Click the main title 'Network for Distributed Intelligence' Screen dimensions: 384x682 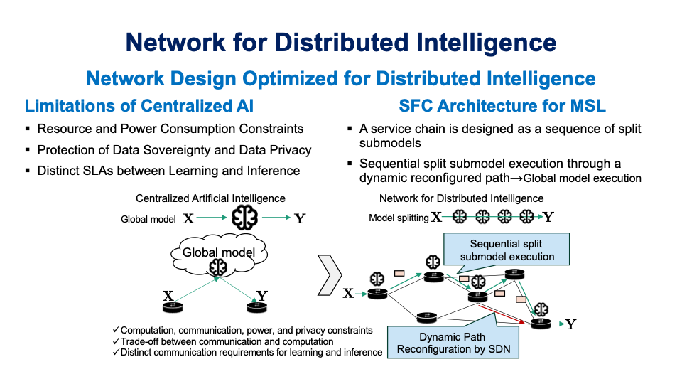(341, 42)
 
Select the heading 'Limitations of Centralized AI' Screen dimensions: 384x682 (139, 106)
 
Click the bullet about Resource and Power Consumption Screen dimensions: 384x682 (170, 129)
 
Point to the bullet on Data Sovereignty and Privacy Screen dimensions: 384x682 (174, 150)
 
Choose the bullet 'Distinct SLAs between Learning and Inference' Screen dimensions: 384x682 (168, 171)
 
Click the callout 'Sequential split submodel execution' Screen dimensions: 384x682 (507, 250)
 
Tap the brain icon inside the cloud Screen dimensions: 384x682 (217, 267)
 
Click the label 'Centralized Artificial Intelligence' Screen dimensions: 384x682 (210, 198)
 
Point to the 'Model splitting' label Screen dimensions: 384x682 (399, 218)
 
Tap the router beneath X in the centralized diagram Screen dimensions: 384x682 (171, 307)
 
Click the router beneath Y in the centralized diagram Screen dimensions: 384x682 (256, 307)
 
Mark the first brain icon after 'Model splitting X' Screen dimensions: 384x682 (460, 217)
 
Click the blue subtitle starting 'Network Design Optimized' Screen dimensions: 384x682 (341, 78)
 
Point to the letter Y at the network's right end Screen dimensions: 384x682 (570, 324)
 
